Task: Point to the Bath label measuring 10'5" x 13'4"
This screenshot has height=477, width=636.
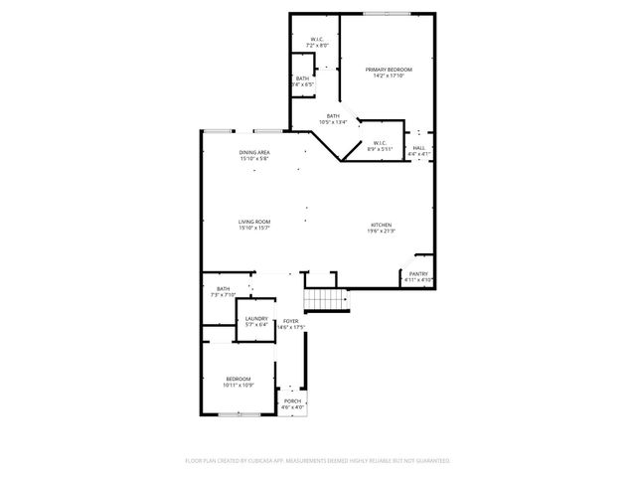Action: [332, 117]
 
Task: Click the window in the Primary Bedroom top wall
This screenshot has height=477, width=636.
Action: [388, 14]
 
